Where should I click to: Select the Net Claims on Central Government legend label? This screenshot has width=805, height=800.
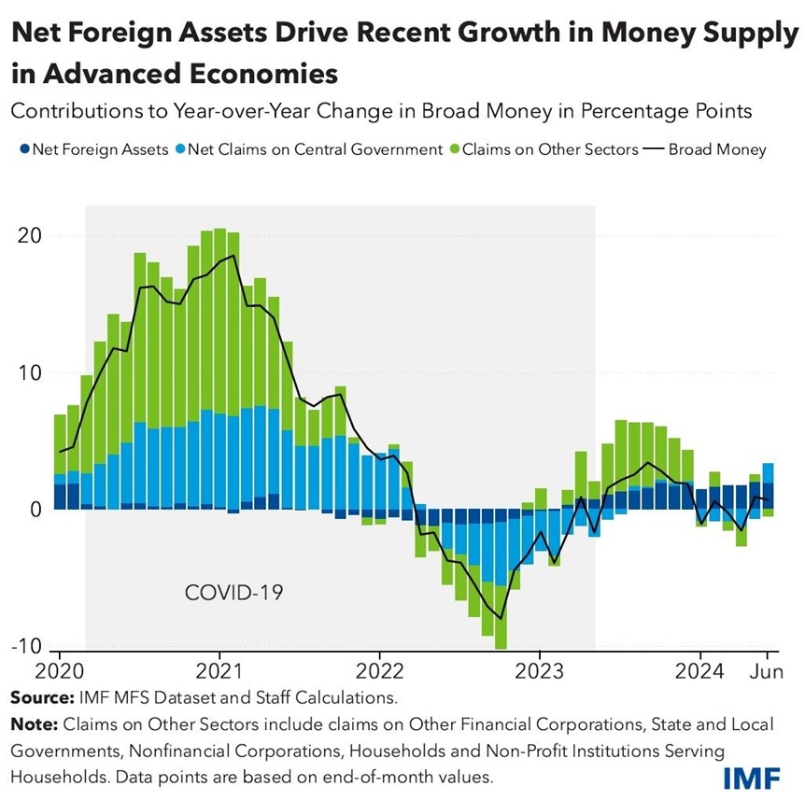click(314, 148)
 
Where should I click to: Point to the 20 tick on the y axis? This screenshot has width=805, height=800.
click(31, 235)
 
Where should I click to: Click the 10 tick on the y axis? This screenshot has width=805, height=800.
click(31, 372)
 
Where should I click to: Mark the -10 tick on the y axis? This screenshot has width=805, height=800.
click(27, 647)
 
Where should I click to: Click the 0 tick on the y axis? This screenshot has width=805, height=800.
click(35, 510)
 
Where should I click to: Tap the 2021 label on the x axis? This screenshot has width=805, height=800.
click(219, 671)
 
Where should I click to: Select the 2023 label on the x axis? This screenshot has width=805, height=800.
click(539, 671)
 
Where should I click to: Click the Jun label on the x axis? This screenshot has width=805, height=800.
click(767, 671)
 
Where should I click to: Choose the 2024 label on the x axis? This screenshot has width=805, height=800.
click(699, 671)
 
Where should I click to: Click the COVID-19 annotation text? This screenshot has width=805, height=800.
click(233, 592)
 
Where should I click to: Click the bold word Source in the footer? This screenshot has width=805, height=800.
click(39, 696)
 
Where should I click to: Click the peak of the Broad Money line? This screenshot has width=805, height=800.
click(233, 255)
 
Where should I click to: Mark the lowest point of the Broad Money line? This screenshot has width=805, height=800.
click(501, 618)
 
